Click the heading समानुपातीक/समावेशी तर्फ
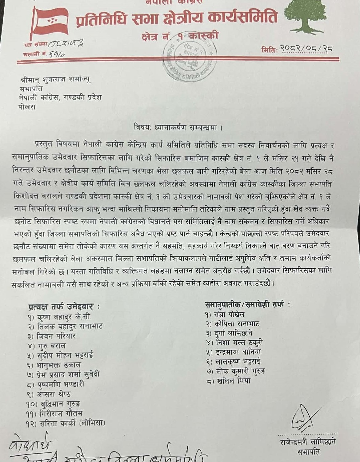coord(248,304)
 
